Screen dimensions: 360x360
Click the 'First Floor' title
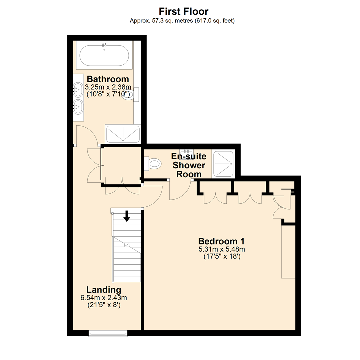click(x=183, y=11)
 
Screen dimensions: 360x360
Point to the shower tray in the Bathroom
click(x=123, y=134)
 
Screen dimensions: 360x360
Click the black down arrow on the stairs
click(x=126, y=216)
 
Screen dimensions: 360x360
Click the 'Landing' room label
click(x=104, y=289)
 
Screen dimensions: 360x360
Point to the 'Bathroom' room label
click(x=108, y=79)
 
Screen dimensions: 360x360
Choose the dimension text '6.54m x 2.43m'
click(x=104, y=297)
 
